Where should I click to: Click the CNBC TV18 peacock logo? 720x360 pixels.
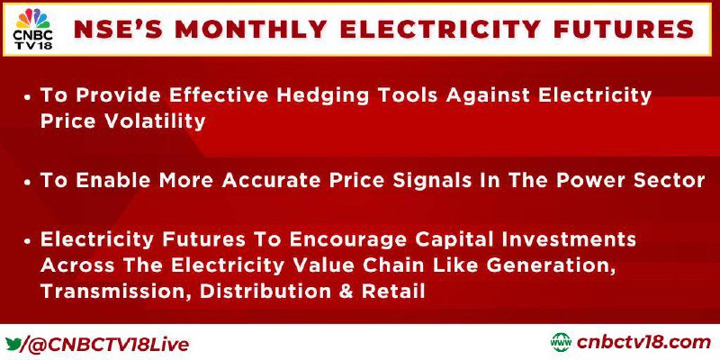(32, 29)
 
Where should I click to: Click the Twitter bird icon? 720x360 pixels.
(13, 343)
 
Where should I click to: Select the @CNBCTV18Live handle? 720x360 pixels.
(109, 344)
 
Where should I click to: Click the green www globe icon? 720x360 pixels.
(561, 343)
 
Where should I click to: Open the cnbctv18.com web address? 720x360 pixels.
(643, 343)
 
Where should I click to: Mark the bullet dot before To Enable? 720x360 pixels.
(29, 182)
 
